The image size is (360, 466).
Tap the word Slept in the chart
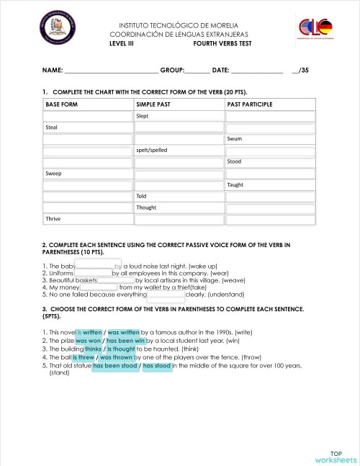click(x=143, y=116)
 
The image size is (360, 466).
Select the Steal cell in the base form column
click(x=52, y=127)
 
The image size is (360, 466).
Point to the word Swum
click(x=235, y=138)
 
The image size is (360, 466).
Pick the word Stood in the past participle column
click(x=235, y=161)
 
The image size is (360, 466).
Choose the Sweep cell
click(x=54, y=173)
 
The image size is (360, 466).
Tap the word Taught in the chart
click(x=236, y=184)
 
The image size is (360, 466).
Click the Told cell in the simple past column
click(x=142, y=196)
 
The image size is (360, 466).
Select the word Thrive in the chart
click(x=54, y=218)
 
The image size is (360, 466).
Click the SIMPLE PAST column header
click(x=153, y=104)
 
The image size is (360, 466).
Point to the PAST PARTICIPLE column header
click(x=250, y=104)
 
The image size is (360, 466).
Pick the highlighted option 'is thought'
click(x=121, y=349)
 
